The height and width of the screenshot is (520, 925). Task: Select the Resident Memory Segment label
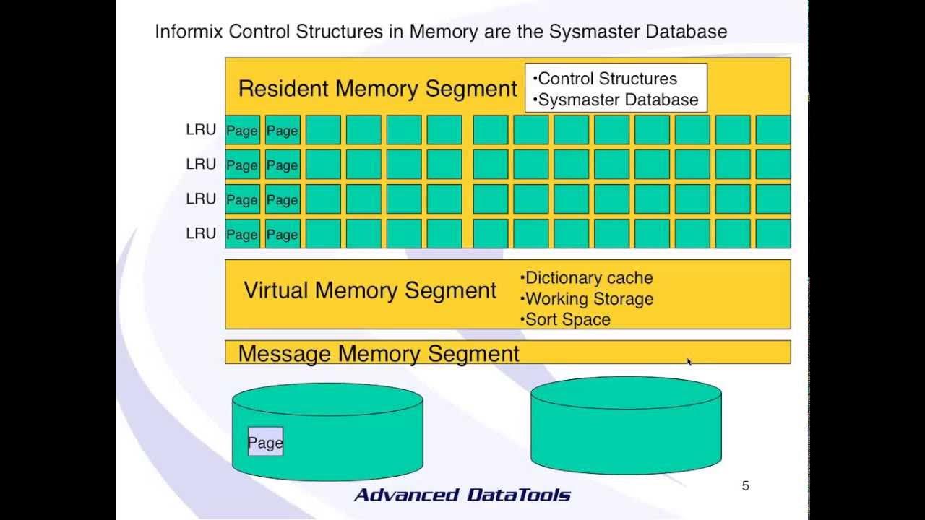tap(377, 89)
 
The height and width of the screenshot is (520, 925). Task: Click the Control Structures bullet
tap(606, 79)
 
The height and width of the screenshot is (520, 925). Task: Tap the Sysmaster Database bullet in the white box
tap(616, 100)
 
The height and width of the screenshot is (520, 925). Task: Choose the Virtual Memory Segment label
tap(370, 290)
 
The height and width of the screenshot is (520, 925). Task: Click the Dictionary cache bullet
tap(587, 278)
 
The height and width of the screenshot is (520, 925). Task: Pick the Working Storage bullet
tap(587, 299)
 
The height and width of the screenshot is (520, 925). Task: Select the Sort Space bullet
tap(566, 319)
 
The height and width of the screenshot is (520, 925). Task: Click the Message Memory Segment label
tap(379, 354)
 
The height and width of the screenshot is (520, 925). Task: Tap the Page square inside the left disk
tap(265, 442)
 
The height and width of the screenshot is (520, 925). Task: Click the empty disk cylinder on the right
tap(626, 426)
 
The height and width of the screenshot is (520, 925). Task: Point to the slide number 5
tap(746, 486)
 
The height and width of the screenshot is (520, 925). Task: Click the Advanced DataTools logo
tap(462, 495)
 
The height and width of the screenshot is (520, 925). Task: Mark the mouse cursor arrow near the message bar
tap(689, 361)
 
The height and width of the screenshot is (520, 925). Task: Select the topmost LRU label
tap(201, 130)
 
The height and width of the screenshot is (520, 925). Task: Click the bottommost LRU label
tap(201, 233)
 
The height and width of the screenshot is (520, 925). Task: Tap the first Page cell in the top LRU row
tap(242, 131)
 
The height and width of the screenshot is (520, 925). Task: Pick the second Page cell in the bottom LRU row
tap(283, 234)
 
